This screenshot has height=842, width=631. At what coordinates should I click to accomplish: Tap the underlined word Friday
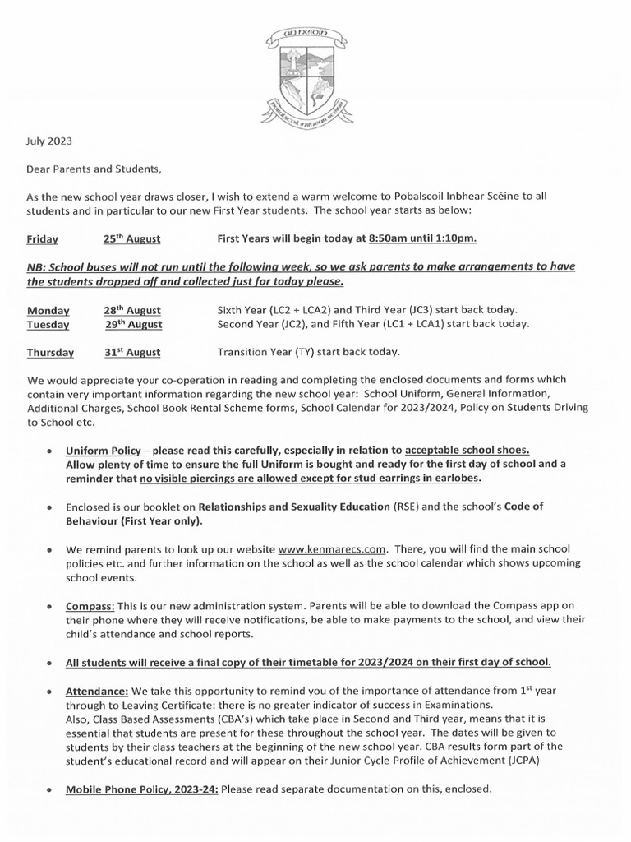tap(43, 239)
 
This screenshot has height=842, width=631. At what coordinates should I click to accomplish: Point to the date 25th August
tap(131, 238)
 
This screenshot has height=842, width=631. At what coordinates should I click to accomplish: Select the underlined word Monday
tap(48, 310)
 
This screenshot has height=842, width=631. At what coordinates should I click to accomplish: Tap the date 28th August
tap(131, 310)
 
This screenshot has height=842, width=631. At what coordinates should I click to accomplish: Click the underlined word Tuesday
tap(48, 324)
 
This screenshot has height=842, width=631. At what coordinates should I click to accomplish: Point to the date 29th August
tap(133, 324)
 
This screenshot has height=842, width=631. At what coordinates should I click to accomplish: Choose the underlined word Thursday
tap(50, 353)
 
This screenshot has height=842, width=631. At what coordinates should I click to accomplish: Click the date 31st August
tap(131, 353)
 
